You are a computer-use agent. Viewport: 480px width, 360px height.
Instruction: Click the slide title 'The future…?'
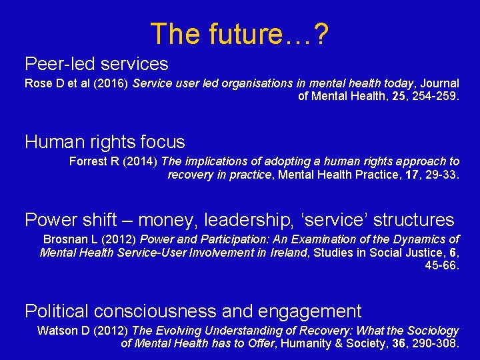(x=239, y=33)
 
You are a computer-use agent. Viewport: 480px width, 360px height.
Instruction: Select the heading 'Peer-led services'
(x=97, y=64)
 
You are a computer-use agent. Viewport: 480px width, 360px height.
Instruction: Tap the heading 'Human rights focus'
(x=105, y=142)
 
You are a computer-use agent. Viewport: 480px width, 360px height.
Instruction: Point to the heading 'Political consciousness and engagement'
(x=193, y=311)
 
